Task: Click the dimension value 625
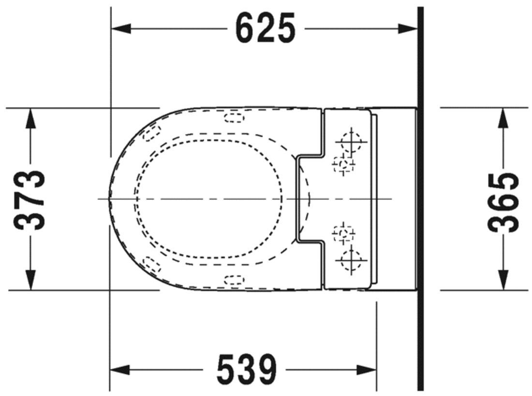pos(266,29)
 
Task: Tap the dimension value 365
pos(503,203)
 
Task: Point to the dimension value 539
pos(247,369)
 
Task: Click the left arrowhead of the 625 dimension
pos(121,29)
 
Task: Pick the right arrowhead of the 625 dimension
pos(408,29)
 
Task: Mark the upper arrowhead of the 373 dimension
pos(30,118)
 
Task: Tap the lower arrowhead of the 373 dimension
pos(30,280)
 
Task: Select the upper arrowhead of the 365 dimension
pos(503,118)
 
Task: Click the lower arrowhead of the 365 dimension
pos(503,280)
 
